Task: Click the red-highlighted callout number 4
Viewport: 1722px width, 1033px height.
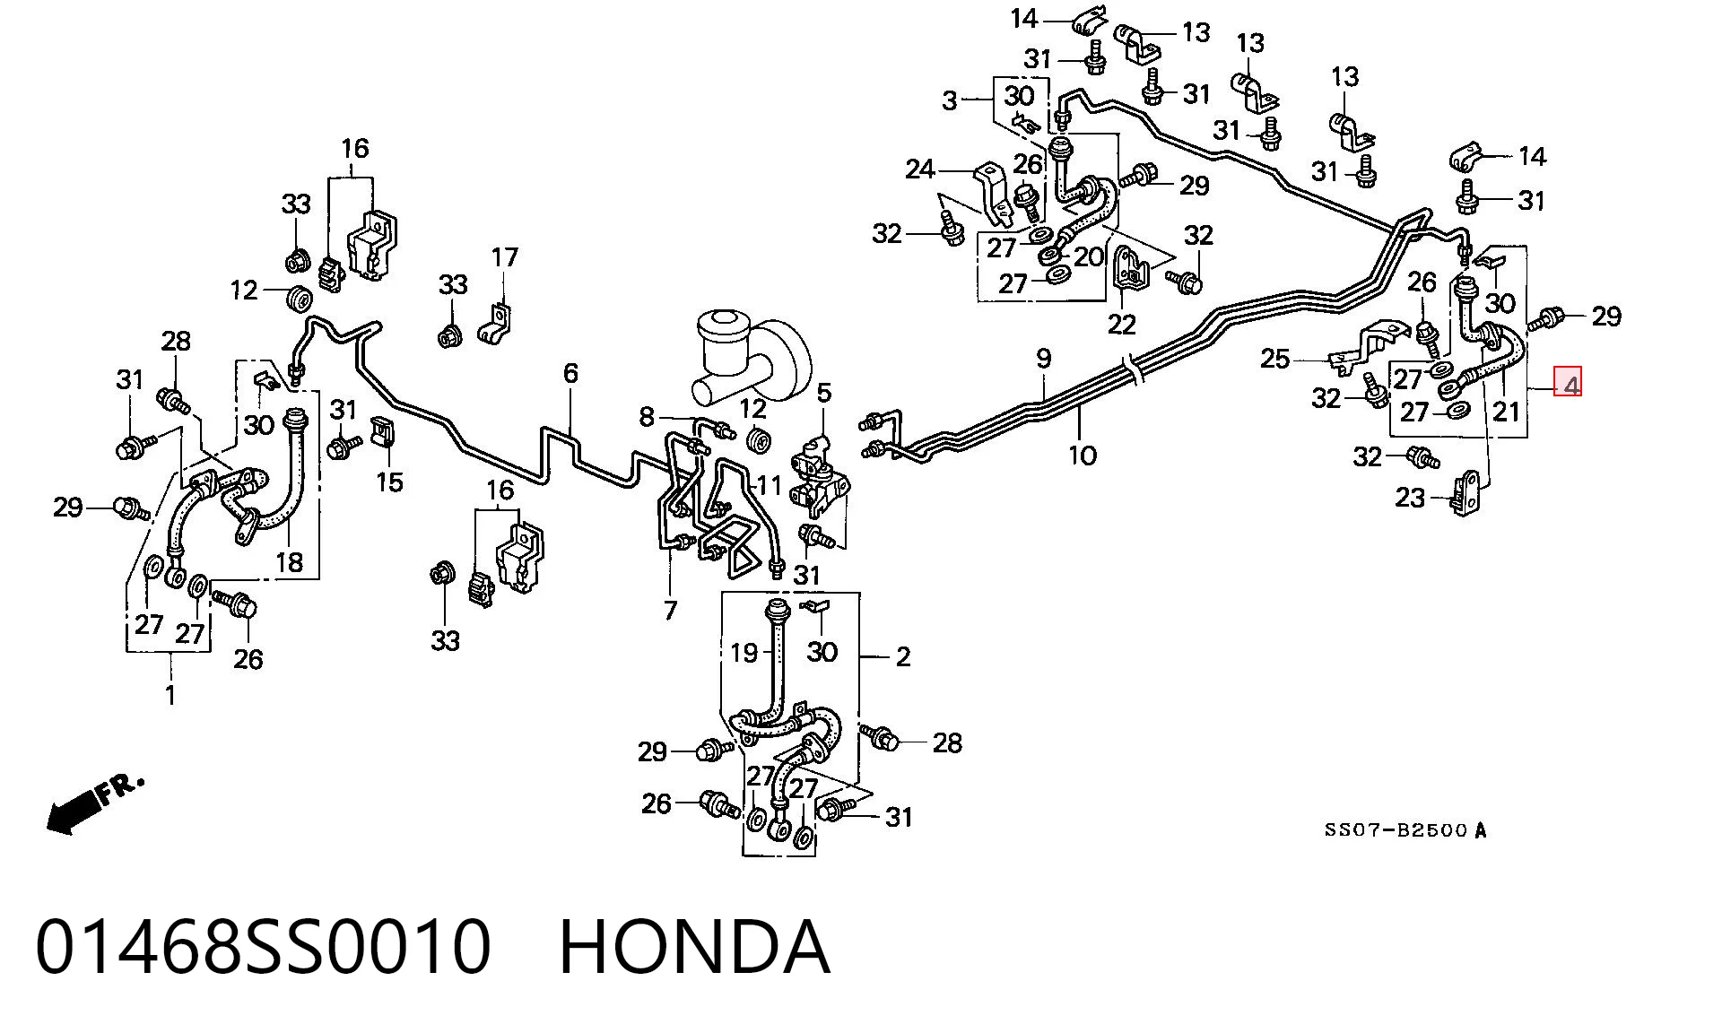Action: [1569, 383]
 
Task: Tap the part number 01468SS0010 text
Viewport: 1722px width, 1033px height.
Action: [264, 947]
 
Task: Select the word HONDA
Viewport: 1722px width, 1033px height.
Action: [694, 947]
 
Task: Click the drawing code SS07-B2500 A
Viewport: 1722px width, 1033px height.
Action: [1405, 830]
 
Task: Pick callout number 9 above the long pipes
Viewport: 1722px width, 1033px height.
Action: [1043, 359]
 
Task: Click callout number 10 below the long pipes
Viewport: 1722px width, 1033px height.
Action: [1083, 456]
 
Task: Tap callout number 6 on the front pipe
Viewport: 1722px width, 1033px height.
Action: [571, 373]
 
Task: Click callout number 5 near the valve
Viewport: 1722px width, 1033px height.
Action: [823, 393]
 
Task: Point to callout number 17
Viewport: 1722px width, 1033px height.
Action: [505, 257]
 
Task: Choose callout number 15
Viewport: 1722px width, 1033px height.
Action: [389, 482]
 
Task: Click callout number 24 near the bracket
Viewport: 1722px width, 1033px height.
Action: [920, 169]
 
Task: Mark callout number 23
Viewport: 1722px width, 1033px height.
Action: [1410, 497]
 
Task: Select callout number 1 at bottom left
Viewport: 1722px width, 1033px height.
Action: [170, 695]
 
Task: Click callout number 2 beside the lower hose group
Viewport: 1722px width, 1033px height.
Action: [902, 657]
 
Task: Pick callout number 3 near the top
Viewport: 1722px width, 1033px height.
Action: [950, 100]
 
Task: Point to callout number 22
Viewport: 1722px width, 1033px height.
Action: [1122, 324]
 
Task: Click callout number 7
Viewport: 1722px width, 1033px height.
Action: [670, 611]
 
